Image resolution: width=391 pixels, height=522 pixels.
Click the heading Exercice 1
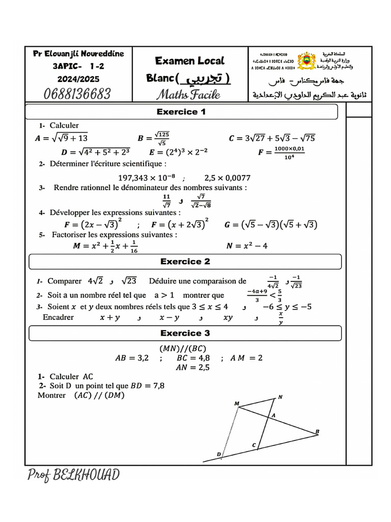tap(181, 112)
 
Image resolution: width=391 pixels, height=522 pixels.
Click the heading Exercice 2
tap(185, 262)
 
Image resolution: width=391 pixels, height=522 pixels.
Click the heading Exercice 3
tap(185, 333)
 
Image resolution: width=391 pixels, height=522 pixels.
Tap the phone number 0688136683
tap(77, 94)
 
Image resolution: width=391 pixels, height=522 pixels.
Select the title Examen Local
tap(189, 61)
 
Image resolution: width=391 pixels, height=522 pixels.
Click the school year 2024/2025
tap(78, 79)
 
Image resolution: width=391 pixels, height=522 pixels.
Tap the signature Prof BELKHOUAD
tap(74, 475)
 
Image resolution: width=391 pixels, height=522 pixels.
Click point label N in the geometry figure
tap(280, 397)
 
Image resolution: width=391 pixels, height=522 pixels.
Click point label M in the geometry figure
tap(237, 403)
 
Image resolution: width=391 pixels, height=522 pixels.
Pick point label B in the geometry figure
tap(317, 432)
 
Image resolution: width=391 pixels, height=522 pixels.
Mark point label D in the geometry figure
tap(219, 454)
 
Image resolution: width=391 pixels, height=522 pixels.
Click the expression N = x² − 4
tap(246, 246)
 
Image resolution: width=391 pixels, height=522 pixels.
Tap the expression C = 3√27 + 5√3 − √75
tap(272, 138)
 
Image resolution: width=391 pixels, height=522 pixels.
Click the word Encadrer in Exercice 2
tap(58, 317)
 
